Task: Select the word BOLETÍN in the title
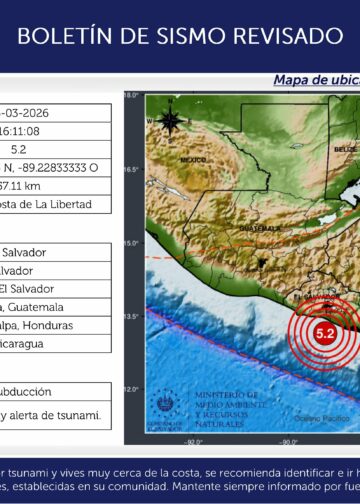click(x=63, y=37)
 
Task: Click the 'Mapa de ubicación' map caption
click(x=315, y=80)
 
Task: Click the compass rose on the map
click(x=170, y=122)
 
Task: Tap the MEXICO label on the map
click(x=193, y=160)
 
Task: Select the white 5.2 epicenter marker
click(x=325, y=334)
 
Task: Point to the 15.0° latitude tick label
click(x=131, y=243)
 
